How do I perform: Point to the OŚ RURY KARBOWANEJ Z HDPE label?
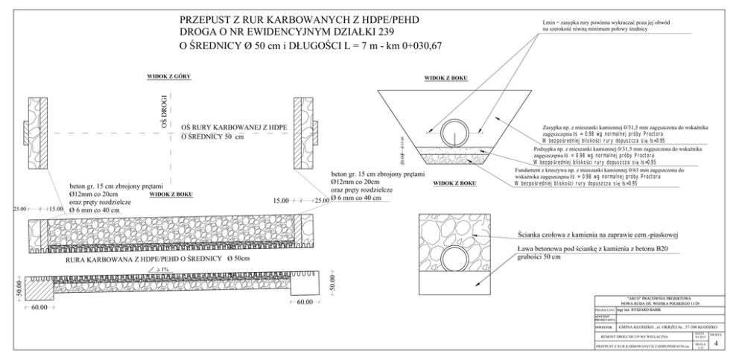tap(235, 128)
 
